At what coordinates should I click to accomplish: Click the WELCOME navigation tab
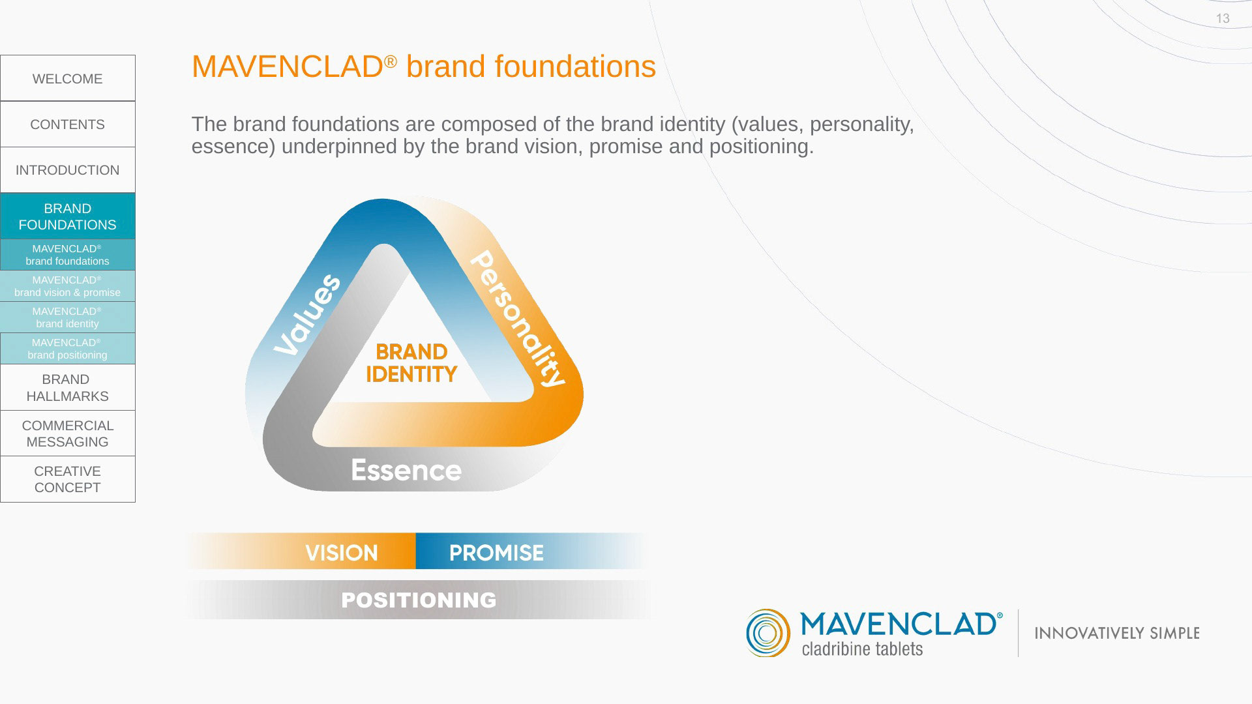click(68, 78)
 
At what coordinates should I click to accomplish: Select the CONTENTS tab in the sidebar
click(68, 124)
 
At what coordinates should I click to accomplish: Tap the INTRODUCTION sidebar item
click(68, 170)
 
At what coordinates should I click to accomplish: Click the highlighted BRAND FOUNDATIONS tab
click(68, 216)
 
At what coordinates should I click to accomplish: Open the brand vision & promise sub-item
click(68, 286)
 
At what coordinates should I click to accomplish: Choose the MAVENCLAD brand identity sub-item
click(68, 317)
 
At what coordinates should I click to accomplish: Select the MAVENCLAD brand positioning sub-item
click(68, 349)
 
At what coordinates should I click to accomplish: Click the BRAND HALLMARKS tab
click(68, 388)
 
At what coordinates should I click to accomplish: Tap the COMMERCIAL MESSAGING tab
click(68, 433)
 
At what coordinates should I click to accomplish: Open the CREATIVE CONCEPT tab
click(68, 479)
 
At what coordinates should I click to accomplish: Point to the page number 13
click(1223, 19)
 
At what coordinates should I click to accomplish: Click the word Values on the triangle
click(307, 315)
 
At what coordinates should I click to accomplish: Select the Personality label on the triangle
click(517, 319)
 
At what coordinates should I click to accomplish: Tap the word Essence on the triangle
click(406, 470)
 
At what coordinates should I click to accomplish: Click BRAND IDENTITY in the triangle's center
click(411, 363)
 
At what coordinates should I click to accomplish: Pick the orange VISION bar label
click(342, 553)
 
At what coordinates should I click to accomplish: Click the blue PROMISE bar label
click(496, 553)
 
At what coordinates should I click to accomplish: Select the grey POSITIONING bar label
click(419, 600)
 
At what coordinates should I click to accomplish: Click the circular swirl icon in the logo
click(768, 633)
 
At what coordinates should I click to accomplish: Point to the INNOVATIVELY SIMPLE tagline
click(1117, 633)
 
